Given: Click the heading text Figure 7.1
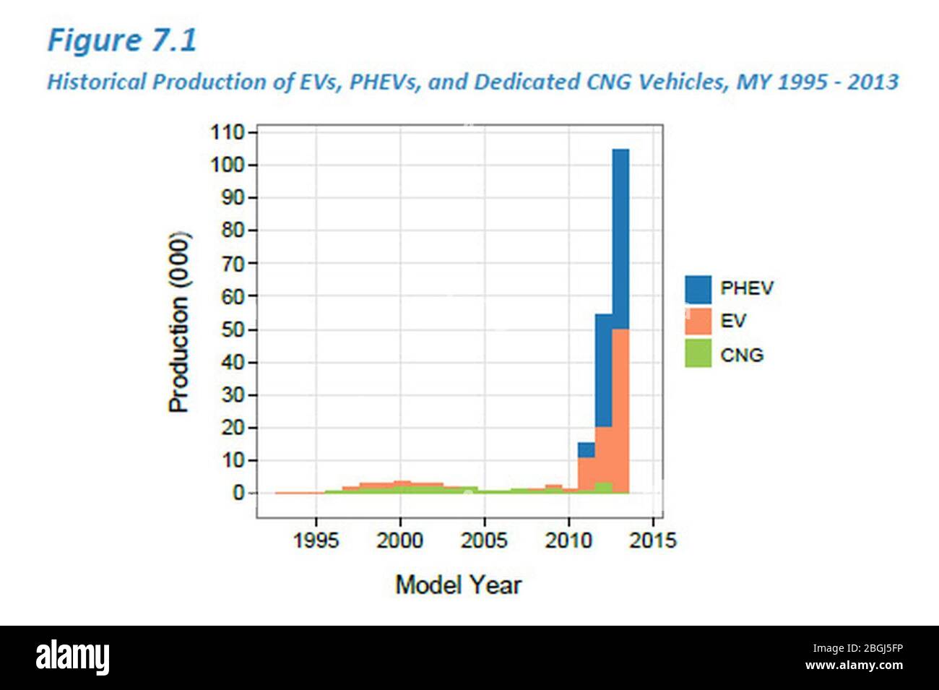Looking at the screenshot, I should click(121, 40).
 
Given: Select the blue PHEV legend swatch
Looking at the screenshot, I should click(698, 289).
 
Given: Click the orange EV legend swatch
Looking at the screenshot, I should click(698, 322).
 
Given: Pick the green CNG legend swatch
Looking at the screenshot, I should click(698, 354).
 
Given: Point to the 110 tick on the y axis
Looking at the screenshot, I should click(227, 133).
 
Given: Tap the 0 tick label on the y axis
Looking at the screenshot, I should click(237, 493).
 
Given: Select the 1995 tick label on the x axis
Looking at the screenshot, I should click(316, 540).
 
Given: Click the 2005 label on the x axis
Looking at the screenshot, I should click(484, 540).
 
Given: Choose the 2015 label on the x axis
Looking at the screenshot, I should click(652, 540).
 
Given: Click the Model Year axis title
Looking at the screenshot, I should click(458, 584).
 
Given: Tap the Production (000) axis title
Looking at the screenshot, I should click(178, 322).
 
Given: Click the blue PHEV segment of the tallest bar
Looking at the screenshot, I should click(620, 238).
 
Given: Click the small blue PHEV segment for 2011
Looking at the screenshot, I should click(586, 449).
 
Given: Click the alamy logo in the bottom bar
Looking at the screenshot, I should click(73, 657).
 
